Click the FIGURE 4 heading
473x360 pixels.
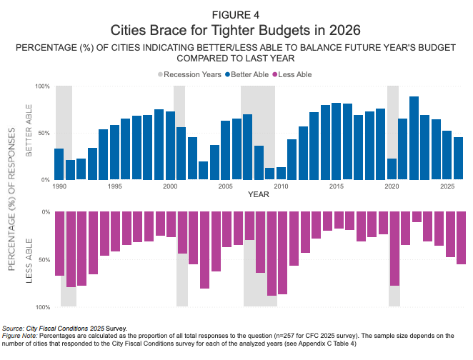coord(236,14)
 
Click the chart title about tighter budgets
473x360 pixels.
coord(236,31)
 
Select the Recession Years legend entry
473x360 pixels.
coord(189,74)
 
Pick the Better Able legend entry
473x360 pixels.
coord(252,74)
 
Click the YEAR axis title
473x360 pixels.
coord(258,195)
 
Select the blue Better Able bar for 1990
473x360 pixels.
coord(59,164)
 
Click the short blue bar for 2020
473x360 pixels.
coord(392,169)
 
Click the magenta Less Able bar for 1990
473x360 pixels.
coord(59,244)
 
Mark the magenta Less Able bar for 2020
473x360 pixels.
coord(394,249)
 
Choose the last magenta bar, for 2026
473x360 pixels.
coord(461,238)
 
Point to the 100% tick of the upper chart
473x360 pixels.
coord(42,86)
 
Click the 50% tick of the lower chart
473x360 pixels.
coord(44,260)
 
